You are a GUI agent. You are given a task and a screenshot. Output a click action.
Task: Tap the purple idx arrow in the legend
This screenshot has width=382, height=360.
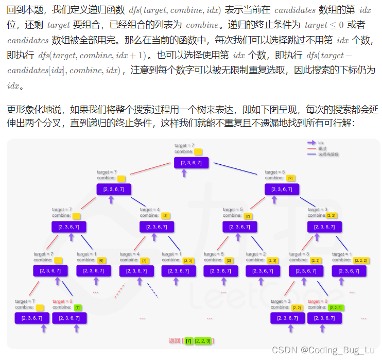point(311,143)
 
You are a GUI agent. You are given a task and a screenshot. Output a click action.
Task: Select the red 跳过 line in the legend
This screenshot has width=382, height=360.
point(311,148)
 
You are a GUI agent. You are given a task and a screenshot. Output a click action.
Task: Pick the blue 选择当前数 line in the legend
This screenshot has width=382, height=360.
point(311,154)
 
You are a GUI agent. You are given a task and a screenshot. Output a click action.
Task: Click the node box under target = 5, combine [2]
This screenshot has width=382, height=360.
point(282,189)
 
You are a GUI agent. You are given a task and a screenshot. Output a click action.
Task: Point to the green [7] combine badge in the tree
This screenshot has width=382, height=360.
point(78,307)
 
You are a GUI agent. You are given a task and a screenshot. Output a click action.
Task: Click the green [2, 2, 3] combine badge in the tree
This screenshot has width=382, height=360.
point(336,307)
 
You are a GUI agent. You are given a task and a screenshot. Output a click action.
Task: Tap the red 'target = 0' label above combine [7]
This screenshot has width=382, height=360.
point(62,301)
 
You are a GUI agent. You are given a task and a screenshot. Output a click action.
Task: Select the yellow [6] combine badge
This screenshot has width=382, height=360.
point(101,260)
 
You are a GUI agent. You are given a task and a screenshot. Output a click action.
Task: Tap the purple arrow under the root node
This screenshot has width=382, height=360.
point(184,174)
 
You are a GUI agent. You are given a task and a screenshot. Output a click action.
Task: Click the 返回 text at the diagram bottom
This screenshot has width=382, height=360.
point(175,340)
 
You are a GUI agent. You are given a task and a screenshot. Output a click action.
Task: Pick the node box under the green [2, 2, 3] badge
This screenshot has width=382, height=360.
point(324,318)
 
